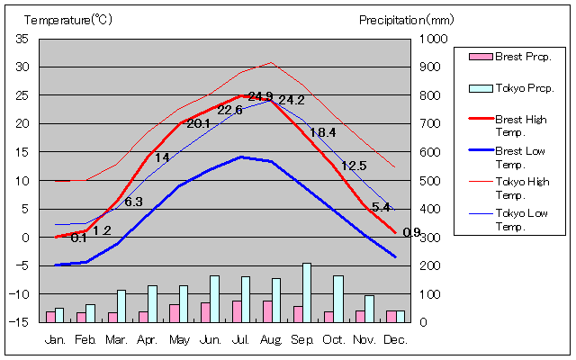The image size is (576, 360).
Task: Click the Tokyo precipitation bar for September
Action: (x=307, y=292)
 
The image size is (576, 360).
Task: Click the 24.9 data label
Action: (x=261, y=95)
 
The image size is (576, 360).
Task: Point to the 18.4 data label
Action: (x=322, y=132)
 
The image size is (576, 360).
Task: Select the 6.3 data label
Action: (x=133, y=202)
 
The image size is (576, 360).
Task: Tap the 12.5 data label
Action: (x=354, y=166)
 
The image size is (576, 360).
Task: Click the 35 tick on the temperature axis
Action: (x=22, y=39)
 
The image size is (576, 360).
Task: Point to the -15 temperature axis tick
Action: (x=21, y=322)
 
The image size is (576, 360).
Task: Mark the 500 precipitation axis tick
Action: (x=432, y=181)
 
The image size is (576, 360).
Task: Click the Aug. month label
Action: (x=270, y=339)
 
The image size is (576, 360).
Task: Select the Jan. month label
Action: (x=55, y=339)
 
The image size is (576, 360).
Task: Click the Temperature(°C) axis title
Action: (x=58, y=19)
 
